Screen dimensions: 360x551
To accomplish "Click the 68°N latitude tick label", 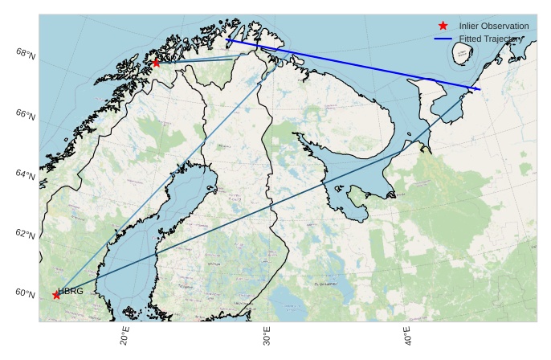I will pyautogui.click(x=27, y=54).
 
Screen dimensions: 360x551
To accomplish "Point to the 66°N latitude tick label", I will pyautogui.click(x=27, y=116).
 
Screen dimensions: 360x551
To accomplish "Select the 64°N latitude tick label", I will pyautogui.click(x=27, y=175).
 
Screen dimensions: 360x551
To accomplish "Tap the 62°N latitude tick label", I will pyautogui.click(x=27, y=235).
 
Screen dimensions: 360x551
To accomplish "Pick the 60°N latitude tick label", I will pyautogui.click(x=27, y=293).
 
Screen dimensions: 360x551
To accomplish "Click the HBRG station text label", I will pyautogui.click(x=71, y=291).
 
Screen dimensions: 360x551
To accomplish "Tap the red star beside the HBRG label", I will pyautogui.click(x=56, y=295).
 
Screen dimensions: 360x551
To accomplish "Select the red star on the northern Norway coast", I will pyautogui.click(x=156, y=63).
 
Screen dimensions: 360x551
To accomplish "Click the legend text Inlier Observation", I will pyautogui.click(x=493, y=27).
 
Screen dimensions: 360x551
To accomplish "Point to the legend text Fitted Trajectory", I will pyautogui.click(x=491, y=39).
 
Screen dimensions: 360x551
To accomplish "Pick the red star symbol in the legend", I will pyautogui.click(x=443, y=27).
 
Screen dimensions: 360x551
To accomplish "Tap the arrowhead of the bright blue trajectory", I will pyautogui.click(x=480, y=89).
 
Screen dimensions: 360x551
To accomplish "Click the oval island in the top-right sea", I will pyautogui.click(x=462, y=54).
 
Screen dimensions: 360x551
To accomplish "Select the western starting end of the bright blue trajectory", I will pyautogui.click(x=227, y=39).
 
